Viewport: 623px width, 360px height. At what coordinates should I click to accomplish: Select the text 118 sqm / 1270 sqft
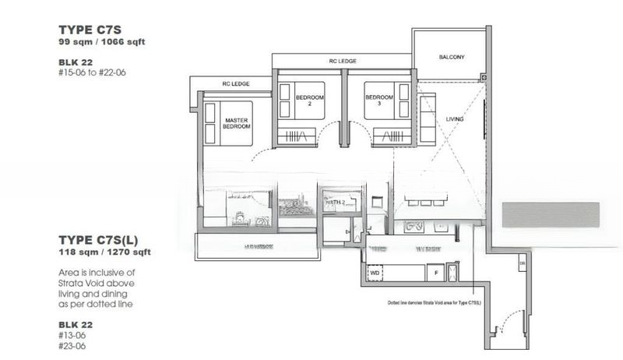[x=104, y=252]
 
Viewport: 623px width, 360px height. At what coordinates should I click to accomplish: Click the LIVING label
[x=455, y=119]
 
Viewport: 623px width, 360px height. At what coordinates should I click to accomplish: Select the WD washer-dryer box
[x=374, y=274]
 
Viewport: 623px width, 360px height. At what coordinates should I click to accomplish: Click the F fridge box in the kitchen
[x=435, y=274]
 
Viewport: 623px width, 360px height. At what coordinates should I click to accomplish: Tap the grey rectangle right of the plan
[x=551, y=214]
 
